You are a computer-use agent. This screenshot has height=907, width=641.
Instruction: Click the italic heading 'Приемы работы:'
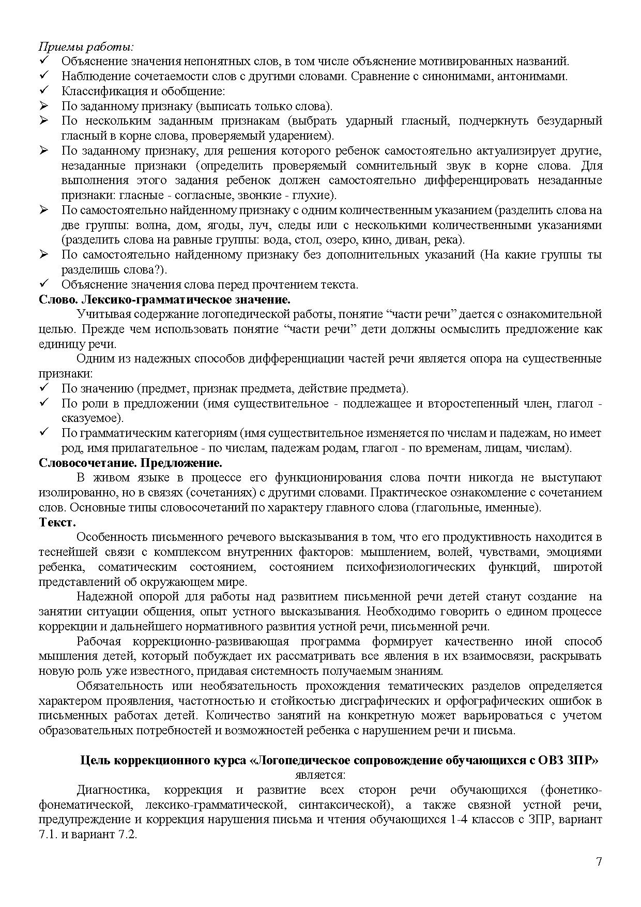pos(86,47)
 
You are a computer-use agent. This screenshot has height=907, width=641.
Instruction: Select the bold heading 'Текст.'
pos(57,522)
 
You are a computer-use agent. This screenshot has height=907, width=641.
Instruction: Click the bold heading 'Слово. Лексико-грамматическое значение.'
pos(164,299)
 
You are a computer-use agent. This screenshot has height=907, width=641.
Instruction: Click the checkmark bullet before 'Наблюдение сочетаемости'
pos(44,76)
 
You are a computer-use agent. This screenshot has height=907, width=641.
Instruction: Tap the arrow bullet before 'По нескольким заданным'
pos(44,121)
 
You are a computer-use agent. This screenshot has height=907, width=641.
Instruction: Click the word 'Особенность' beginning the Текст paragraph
pos(109,537)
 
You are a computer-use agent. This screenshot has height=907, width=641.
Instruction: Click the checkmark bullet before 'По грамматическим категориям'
pos(44,433)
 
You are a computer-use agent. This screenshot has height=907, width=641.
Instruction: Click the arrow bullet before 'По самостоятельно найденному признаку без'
pos(44,255)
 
